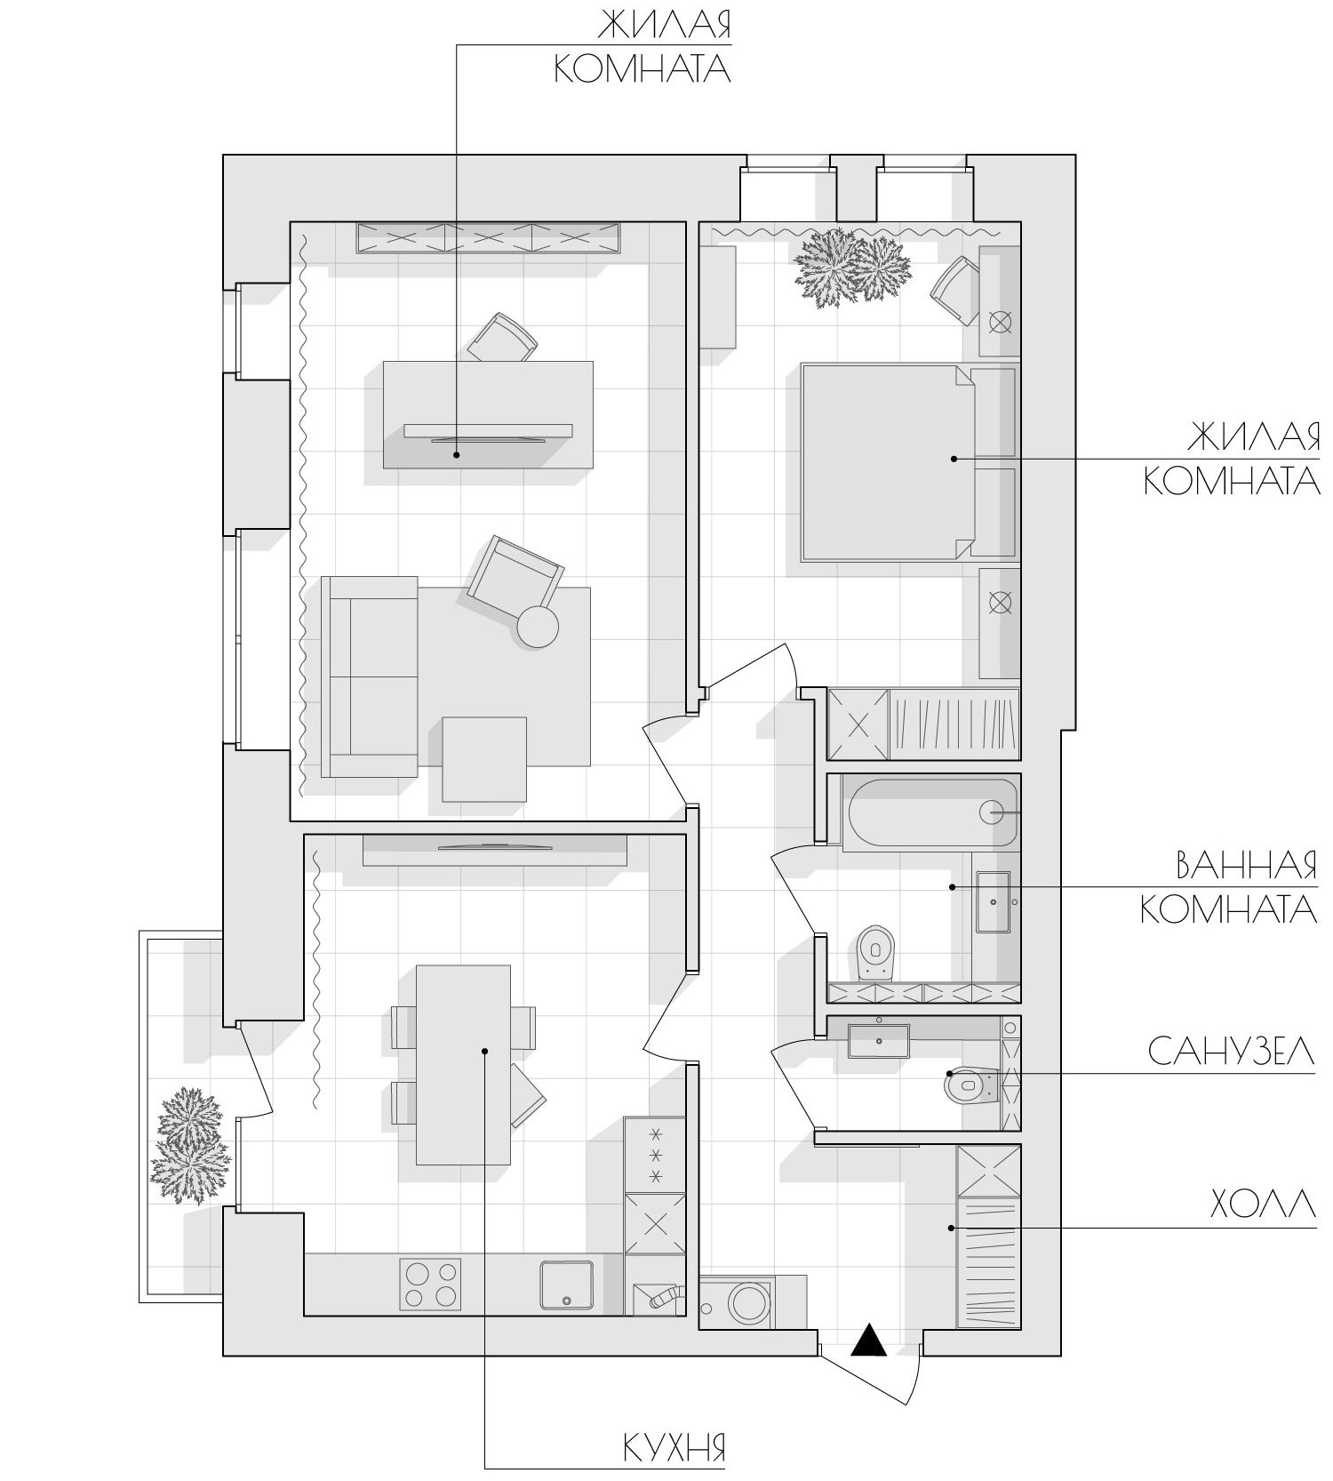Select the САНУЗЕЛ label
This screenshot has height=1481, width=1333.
click(x=1231, y=1052)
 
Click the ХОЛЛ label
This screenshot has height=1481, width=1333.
click(x=1263, y=1205)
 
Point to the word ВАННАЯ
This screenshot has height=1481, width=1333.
click(x=1246, y=866)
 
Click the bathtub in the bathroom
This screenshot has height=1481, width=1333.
click(x=933, y=813)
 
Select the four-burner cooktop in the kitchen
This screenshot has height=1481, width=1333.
click(x=432, y=1285)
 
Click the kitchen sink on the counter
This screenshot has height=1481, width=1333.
click(x=567, y=1285)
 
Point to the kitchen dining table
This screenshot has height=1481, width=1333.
click(x=463, y=1065)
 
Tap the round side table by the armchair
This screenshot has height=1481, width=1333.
click(x=538, y=626)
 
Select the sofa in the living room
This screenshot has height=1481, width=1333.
click(x=370, y=676)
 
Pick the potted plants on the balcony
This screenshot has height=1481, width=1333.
click(x=186, y=1146)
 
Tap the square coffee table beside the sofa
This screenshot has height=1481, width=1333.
click(x=484, y=759)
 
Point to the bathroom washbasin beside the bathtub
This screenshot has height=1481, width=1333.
click(x=994, y=901)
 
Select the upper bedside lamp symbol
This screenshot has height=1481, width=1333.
click(x=1001, y=322)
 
